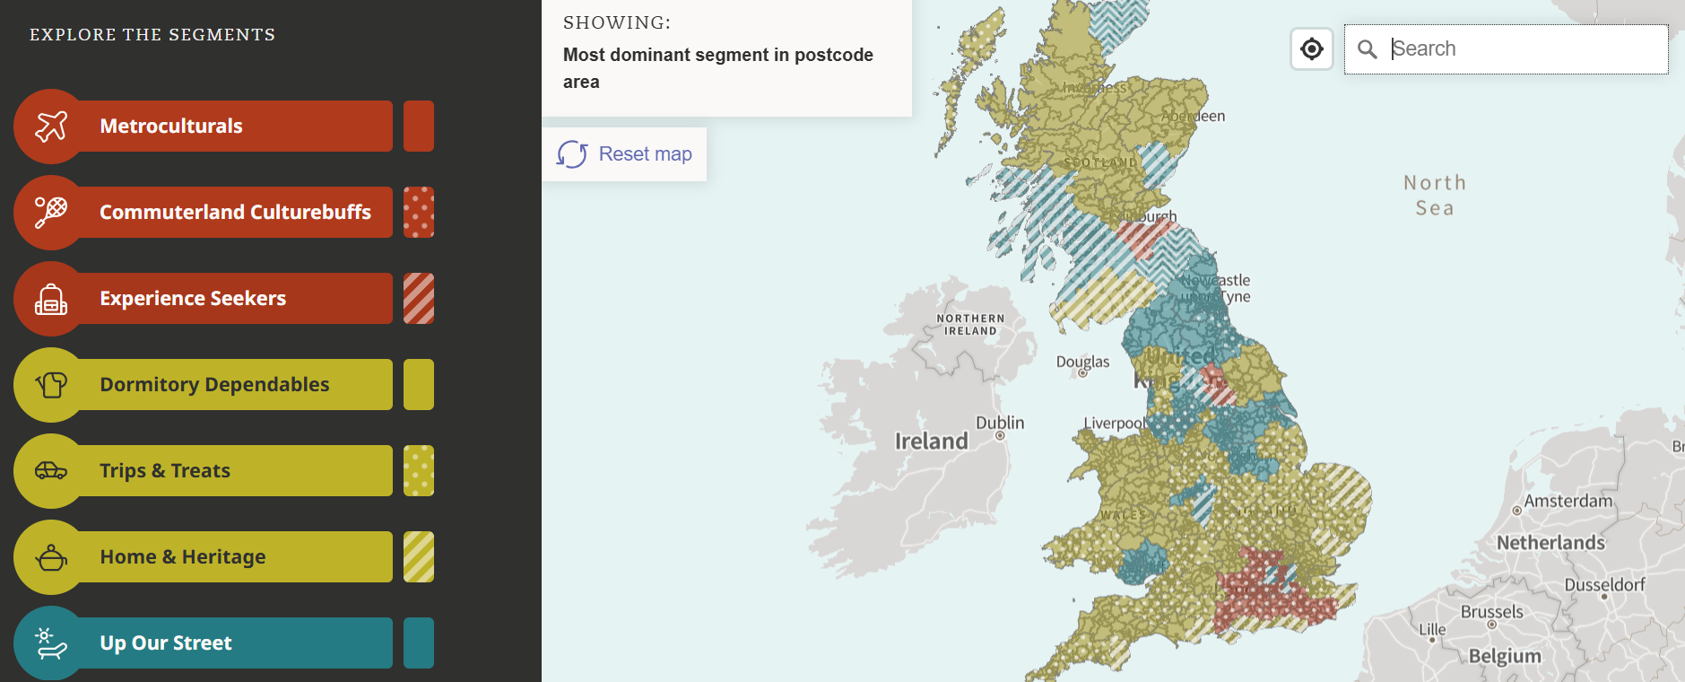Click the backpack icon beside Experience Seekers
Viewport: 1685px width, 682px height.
(51, 299)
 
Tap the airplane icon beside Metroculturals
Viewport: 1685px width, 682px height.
(51, 127)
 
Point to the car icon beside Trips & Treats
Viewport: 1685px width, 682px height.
(51, 470)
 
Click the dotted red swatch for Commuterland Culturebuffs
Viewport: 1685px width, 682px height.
(419, 212)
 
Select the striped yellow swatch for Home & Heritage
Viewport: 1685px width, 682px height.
(419, 556)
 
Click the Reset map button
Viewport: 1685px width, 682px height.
(625, 154)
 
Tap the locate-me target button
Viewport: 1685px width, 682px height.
(1312, 48)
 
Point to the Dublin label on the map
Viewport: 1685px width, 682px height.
(1000, 423)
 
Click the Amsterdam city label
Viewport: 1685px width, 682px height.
(1568, 501)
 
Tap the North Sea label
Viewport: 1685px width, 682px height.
(1435, 196)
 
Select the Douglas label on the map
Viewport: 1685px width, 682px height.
(1082, 362)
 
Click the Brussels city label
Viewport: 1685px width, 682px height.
(1492, 612)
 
